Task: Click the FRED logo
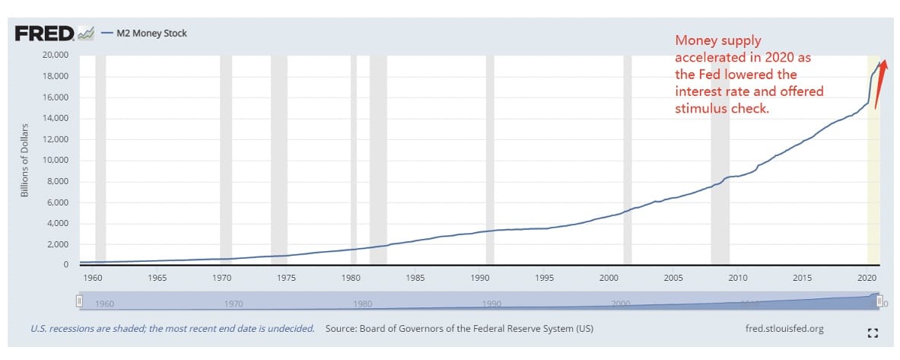click(x=45, y=33)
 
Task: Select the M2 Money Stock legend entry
click(x=151, y=33)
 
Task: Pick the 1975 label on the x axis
click(x=286, y=279)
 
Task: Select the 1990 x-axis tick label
click(x=479, y=279)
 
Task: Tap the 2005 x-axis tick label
click(x=673, y=279)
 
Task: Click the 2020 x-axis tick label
click(x=866, y=279)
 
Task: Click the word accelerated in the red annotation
click(x=705, y=57)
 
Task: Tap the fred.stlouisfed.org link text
click(x=785, y=329)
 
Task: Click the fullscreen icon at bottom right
click(x=873, y=333)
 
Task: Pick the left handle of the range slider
click(x=79, y=301)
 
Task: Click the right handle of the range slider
click(x=880, y=301)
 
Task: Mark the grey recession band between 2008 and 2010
click(x=720, y=161)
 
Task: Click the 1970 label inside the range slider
click(x=234, y=304)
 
